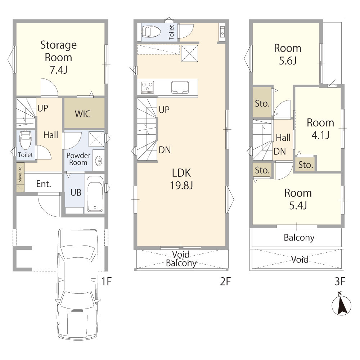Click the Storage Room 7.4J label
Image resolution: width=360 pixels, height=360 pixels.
pos(59,57)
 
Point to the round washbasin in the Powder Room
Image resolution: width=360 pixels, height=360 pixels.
pos(99,161)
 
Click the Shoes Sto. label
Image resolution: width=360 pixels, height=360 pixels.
pos(20,174)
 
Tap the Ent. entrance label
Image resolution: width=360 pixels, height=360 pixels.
pos(44,184)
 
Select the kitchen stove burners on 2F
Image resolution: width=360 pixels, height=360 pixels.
pos(147,87)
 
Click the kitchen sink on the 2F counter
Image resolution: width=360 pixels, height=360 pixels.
pos(180,87)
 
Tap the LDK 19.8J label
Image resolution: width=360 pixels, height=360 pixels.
pos(181,179)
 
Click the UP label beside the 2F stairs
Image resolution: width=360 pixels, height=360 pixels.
pos(164,110)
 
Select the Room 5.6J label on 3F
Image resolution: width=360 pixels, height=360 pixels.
pos(288,54)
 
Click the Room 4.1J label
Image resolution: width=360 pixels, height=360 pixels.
pos(320,129)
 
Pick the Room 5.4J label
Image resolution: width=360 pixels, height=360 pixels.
pos(298,199)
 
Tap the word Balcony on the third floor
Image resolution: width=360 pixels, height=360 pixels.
pos(299,238)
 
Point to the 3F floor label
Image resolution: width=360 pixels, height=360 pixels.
pos(340,281)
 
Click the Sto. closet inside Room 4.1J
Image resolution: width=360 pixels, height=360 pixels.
pos(306,165)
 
